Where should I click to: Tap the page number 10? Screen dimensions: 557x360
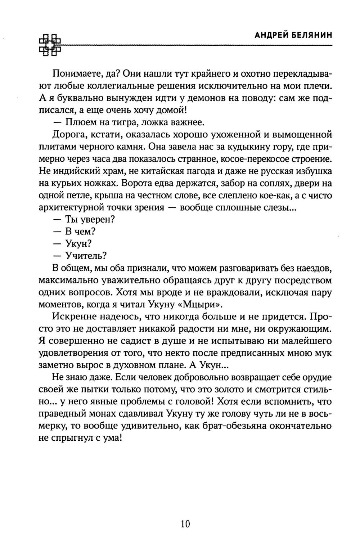pos(185,524)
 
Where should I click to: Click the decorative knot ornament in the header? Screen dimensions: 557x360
pos(49,45)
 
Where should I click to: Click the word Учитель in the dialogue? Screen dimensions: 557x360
pos(86,256)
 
